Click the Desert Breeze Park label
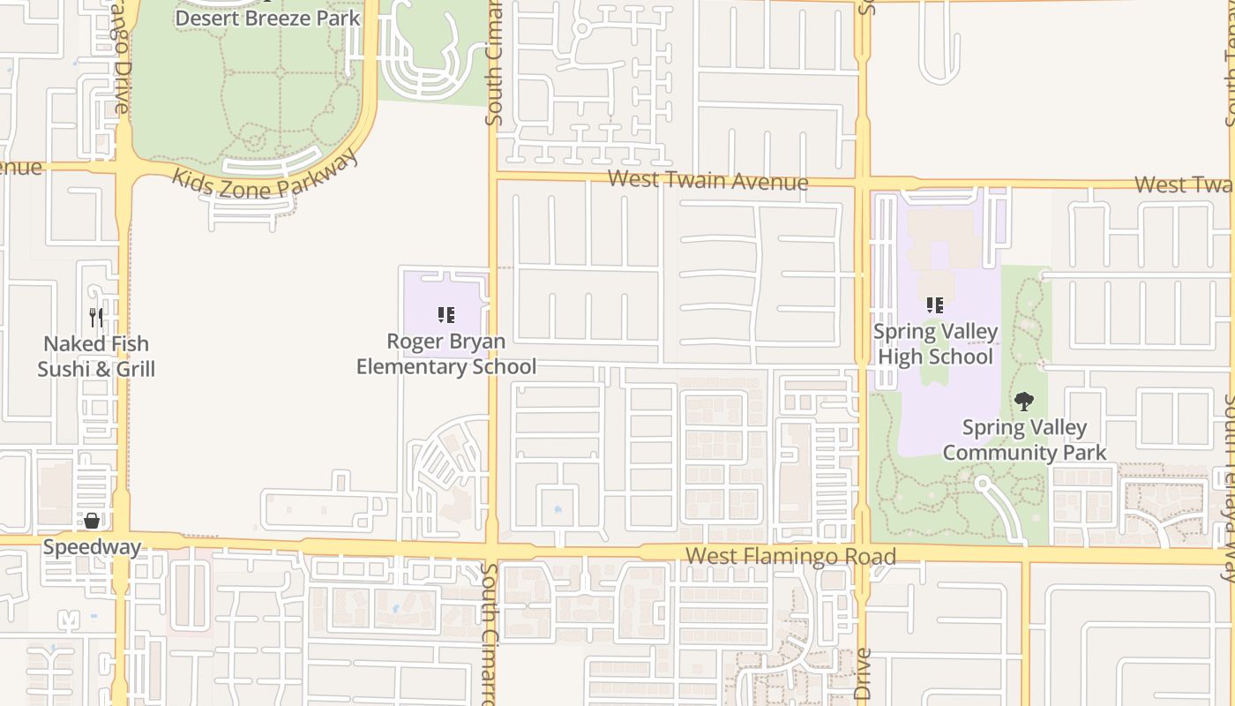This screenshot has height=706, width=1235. click(267, 18)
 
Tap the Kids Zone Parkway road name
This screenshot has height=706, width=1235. click(266, 174)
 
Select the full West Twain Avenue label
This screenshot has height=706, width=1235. click(708, 181)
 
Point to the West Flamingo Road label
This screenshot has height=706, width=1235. click(790, 556)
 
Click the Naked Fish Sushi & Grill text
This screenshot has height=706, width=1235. click(96, 357)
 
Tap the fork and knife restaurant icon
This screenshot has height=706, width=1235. click(96, 317)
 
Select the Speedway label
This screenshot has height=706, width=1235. click(92, 547)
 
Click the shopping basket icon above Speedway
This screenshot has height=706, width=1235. click(92, 520)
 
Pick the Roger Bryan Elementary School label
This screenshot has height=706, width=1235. click(445, 354)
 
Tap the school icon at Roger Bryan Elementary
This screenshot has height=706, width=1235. click(445, 314)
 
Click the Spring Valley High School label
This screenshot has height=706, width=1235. click(935, 344)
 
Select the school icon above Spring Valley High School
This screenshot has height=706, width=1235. click(935, 305)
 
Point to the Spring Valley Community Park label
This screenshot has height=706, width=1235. click(1024, 440)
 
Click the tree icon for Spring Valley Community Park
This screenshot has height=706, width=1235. click(1023, 402)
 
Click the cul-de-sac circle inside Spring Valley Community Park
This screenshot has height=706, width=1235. click(981, 483)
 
